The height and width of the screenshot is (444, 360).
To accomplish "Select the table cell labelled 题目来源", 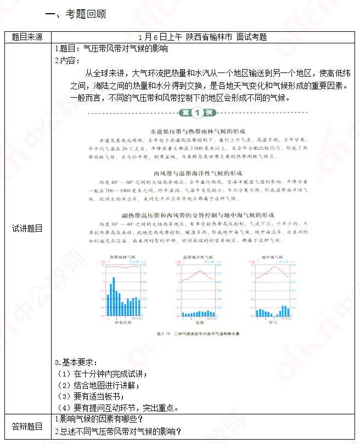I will pyautogui.click(x=27, y=37).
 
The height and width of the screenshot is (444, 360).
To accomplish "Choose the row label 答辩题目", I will pyautogui.click(x=27, y=426).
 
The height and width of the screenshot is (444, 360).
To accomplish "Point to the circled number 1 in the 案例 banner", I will pyautogui.click(x=197, y=113).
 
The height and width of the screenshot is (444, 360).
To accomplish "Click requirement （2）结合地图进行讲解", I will pyautogui.click(x=98, y=385).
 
